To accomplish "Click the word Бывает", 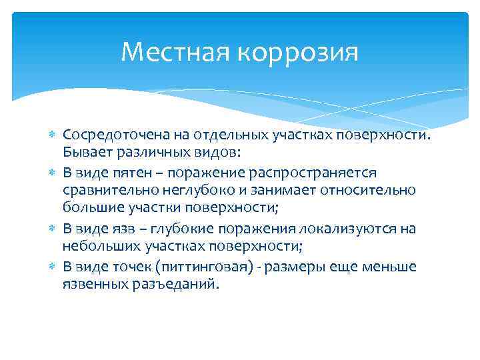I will (x=83, y=152).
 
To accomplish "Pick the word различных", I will (x=148, y=152).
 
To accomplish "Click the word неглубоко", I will (x=193, y=190).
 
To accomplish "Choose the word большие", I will (x=89, y=207).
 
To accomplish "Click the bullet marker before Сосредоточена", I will (x=53, y=136).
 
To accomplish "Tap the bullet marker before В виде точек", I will (x=53, y=267).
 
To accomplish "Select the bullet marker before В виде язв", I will (x=53, y=229).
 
